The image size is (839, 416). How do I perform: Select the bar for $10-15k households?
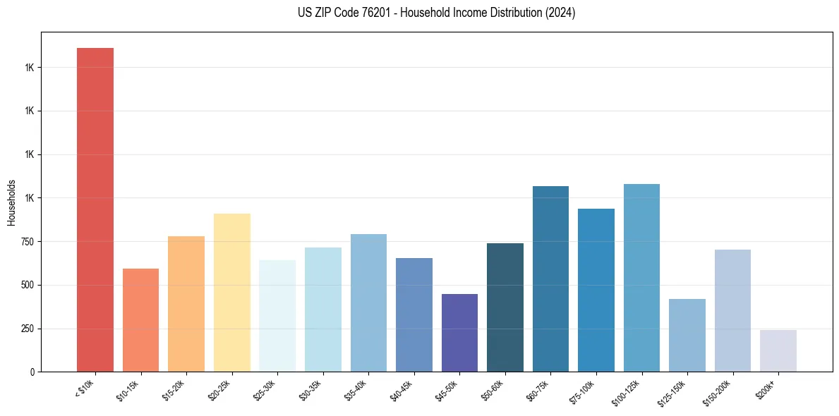(140, 320)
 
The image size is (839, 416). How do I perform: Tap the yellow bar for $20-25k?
(232, 293)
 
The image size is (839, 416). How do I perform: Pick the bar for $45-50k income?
(459, 333)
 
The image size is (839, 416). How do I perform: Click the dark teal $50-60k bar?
(505, 307)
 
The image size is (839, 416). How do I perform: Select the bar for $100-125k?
(641, 278)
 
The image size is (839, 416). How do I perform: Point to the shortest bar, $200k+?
(778, 350)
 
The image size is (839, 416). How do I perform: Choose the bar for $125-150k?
(687, 335)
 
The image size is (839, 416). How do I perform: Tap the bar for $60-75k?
(550, 279)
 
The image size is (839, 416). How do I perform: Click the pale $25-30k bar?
(277, 316)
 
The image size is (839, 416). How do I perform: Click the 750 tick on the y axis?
(26, 242)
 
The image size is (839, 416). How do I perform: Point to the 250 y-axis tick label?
(26, 329)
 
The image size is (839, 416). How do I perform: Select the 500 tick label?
(26, 286)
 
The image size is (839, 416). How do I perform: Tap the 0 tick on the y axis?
(31, 372)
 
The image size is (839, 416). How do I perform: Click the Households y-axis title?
(11, 202)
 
